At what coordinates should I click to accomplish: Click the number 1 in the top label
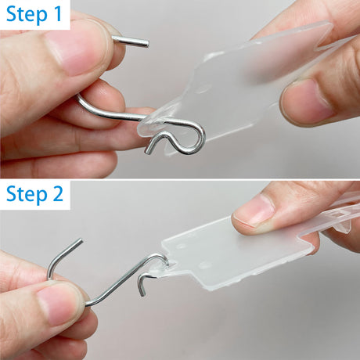coord(59,15)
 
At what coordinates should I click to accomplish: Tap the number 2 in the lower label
coord(59,195)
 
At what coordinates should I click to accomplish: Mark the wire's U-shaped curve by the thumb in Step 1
coord(83,102)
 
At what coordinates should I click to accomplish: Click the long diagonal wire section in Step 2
coord(117,282)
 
